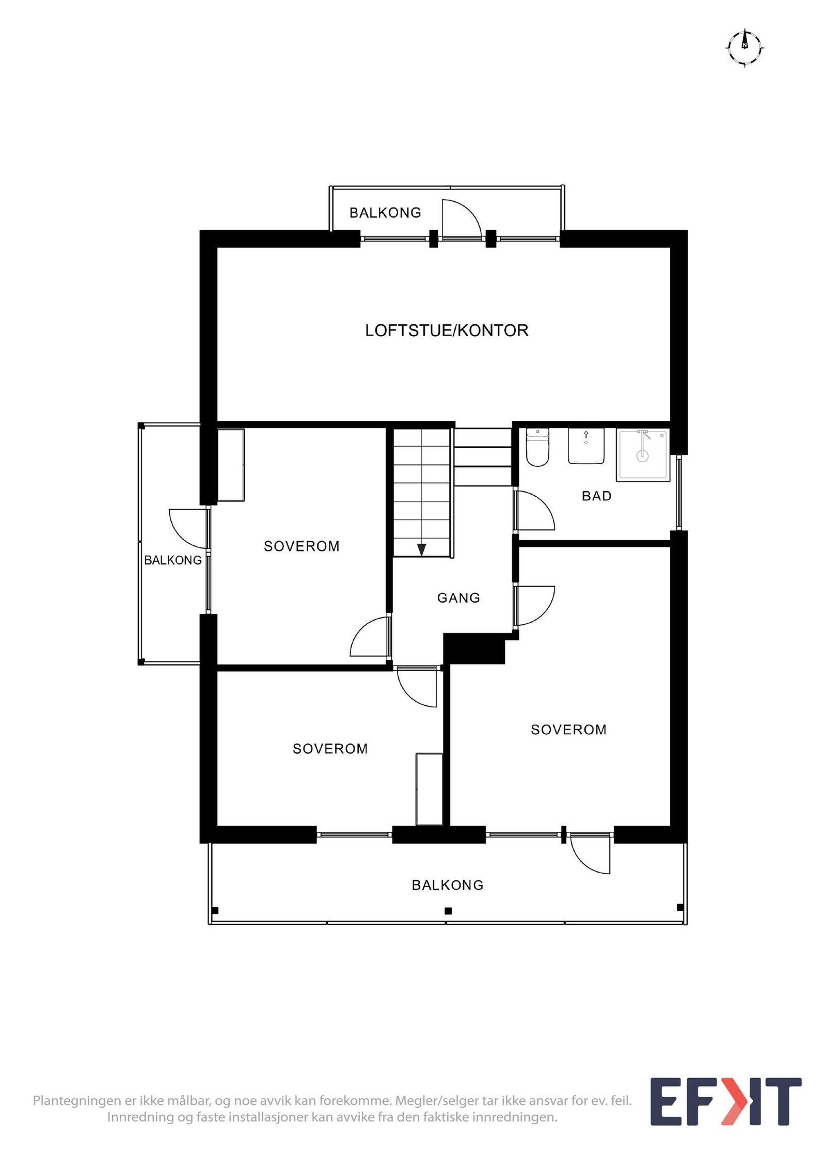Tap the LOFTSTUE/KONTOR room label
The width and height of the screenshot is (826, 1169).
447,330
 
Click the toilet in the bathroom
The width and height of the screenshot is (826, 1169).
537,447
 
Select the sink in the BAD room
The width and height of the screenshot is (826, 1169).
585,446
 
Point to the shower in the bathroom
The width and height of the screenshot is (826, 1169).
642,454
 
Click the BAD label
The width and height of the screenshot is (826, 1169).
596,496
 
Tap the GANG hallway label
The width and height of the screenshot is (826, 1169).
458,597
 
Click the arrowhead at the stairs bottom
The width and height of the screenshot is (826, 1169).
421,549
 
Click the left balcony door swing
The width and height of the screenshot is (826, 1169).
189,528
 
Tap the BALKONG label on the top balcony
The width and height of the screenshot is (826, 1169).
385,213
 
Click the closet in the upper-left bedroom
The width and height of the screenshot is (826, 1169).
231,465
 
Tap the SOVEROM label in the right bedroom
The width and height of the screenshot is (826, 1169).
568,730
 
